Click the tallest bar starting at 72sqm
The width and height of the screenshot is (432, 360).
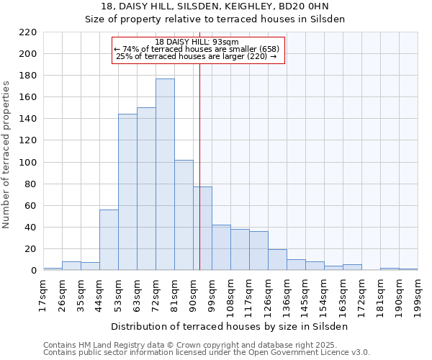point(165,174)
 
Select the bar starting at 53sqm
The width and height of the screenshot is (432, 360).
point(127,192)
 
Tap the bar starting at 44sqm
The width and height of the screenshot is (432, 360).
point(109,240)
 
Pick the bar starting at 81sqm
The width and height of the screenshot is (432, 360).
point(184,215)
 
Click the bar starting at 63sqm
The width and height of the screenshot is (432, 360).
point(146,189)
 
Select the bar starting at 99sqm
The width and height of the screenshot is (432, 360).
point(221,248)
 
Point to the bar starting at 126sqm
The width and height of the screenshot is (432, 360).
point(277,260)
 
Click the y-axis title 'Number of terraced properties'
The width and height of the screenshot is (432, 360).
point(7,154)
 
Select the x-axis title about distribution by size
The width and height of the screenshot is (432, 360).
point(230,326)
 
